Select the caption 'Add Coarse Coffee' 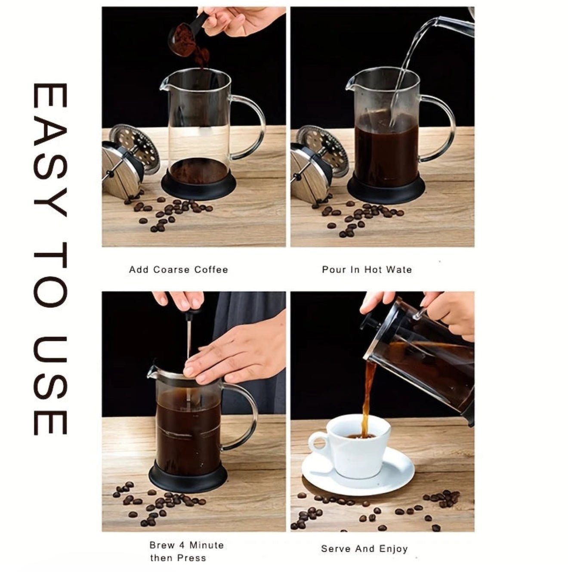[179, 270]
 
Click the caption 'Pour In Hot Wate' [367, 270]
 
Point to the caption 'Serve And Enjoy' [364, 549]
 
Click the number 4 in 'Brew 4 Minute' [181, 546]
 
